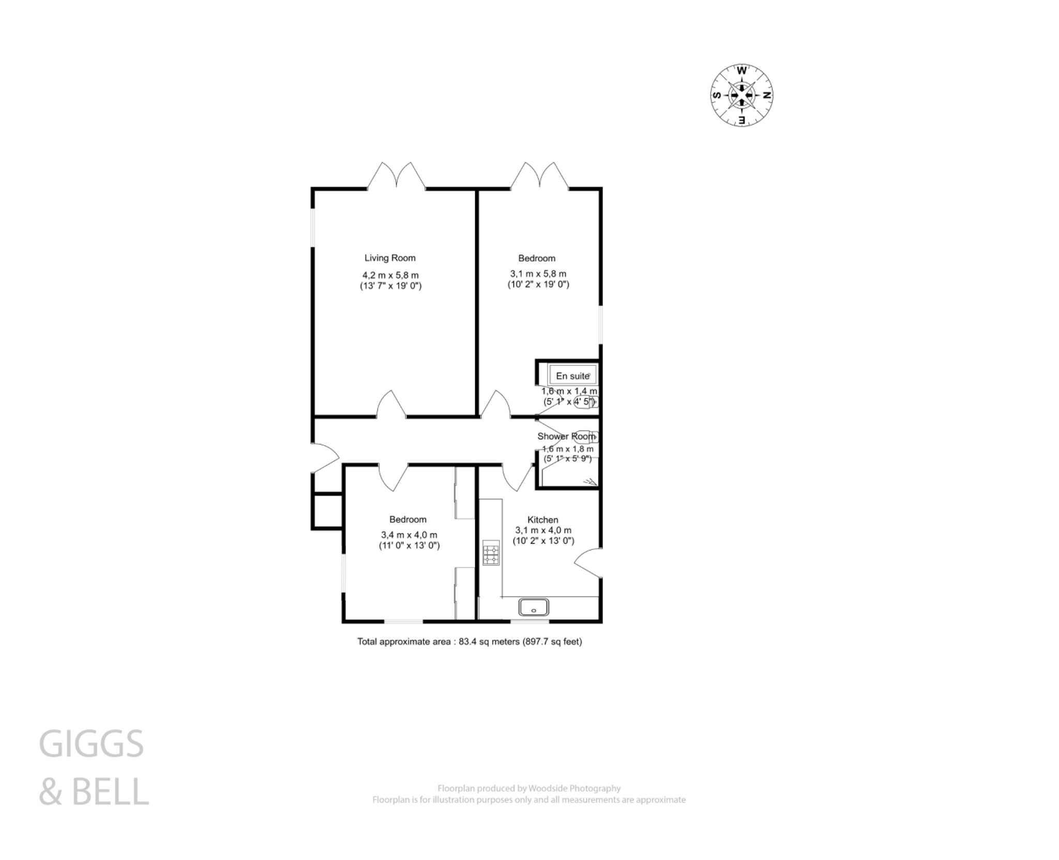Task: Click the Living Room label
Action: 390,258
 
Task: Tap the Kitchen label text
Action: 542,519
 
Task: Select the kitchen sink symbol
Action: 534,607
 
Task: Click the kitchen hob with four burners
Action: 491,553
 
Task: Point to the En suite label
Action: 572,376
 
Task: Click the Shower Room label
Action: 566,436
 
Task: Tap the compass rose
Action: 742,95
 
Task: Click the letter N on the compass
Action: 767,96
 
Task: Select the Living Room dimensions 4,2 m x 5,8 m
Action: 390,275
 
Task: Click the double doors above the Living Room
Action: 397,176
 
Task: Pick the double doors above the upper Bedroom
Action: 540,176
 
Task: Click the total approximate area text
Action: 470,642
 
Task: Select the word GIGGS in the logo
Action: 92,744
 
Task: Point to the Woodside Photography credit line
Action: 529,788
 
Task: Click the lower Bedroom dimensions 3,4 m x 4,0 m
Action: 409,535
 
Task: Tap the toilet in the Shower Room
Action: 587,437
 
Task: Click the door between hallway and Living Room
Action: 391,405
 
